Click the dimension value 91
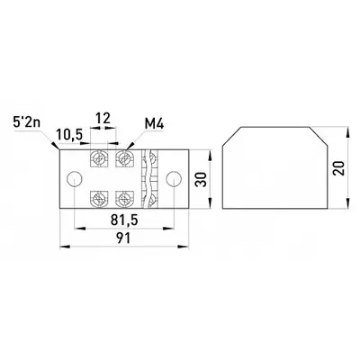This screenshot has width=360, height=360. coord(123,238)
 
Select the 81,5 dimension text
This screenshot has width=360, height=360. coord(124,220)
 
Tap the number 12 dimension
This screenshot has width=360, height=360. coord(103,118)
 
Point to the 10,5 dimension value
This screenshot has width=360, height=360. coord(69,135)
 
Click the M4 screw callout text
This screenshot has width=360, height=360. coord(154,123)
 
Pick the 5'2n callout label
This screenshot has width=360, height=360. coord(26,122)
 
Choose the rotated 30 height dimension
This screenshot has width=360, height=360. coord(201,179)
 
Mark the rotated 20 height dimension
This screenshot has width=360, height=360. coord(339,168)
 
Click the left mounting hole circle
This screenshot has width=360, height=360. coord(74,179)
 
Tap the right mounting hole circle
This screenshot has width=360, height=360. coord(174,179)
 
